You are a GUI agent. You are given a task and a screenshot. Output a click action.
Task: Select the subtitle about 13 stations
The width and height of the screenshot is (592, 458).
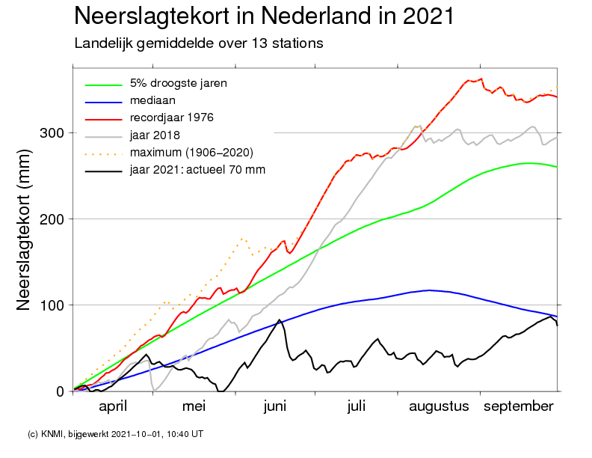pyautogui.click(x=198, y=43)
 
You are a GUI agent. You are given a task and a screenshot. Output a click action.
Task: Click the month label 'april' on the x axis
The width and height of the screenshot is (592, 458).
pyautogui.click(x=114, y=406)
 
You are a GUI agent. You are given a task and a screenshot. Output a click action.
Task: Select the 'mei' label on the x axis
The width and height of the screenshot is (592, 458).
pyautogui.click(x=194, y=406)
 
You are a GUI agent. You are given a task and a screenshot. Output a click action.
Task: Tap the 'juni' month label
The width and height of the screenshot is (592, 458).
pyautogui.click(x=275, y=406)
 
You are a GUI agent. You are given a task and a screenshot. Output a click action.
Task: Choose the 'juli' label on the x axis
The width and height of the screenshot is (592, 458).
pyautogui.click(x=357, y=406)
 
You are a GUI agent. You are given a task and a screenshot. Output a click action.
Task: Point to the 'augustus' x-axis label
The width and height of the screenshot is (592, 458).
pyautogui.click(x=439, y=406)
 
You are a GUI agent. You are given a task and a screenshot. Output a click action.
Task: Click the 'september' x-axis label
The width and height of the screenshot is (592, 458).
pyautogui.click(x=519, y=406)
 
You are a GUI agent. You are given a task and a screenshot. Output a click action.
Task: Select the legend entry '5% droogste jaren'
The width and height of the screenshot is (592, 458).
pyautogui.click(x=178, y=83)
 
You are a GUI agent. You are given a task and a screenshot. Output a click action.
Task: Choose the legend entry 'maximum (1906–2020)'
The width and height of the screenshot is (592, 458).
pyautogui.click(x=191, y=153)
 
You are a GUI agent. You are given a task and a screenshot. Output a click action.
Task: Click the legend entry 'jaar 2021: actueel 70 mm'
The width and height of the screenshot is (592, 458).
pyautogui.click(x=197, y=171)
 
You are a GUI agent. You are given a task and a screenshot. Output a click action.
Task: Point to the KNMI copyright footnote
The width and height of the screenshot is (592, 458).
pyautogui.click(x=115, y=433)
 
